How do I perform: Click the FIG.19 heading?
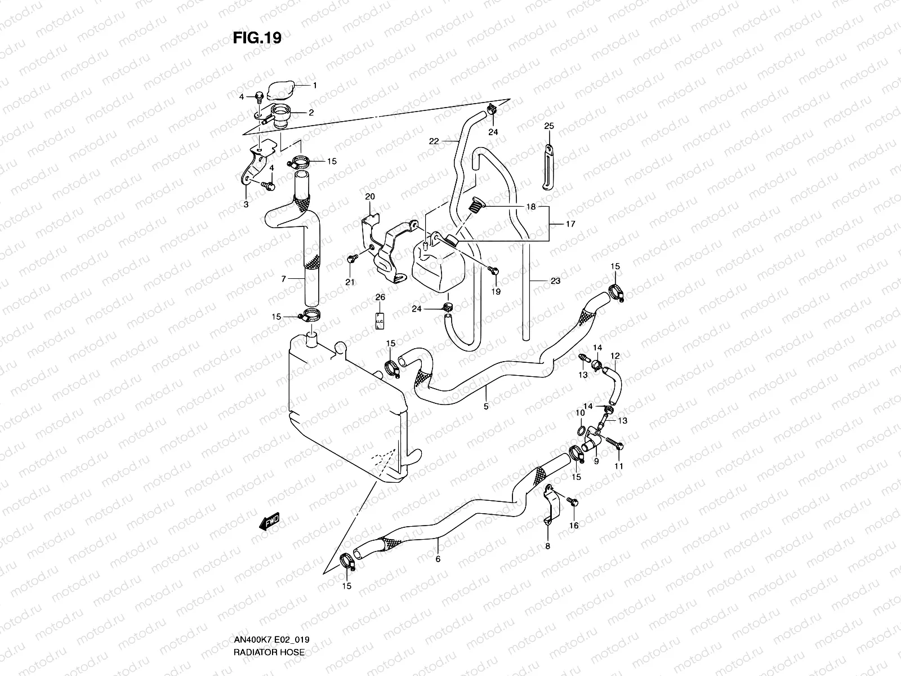257,37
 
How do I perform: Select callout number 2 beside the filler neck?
311,112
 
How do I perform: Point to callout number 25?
549,126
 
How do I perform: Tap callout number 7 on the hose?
284,278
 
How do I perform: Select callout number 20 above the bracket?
370,196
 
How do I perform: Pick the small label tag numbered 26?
380,320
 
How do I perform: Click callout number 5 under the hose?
486,406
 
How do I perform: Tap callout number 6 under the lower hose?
437,559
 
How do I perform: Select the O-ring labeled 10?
580,432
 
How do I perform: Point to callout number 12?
615,355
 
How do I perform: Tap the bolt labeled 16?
572,500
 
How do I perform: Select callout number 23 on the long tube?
556,281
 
